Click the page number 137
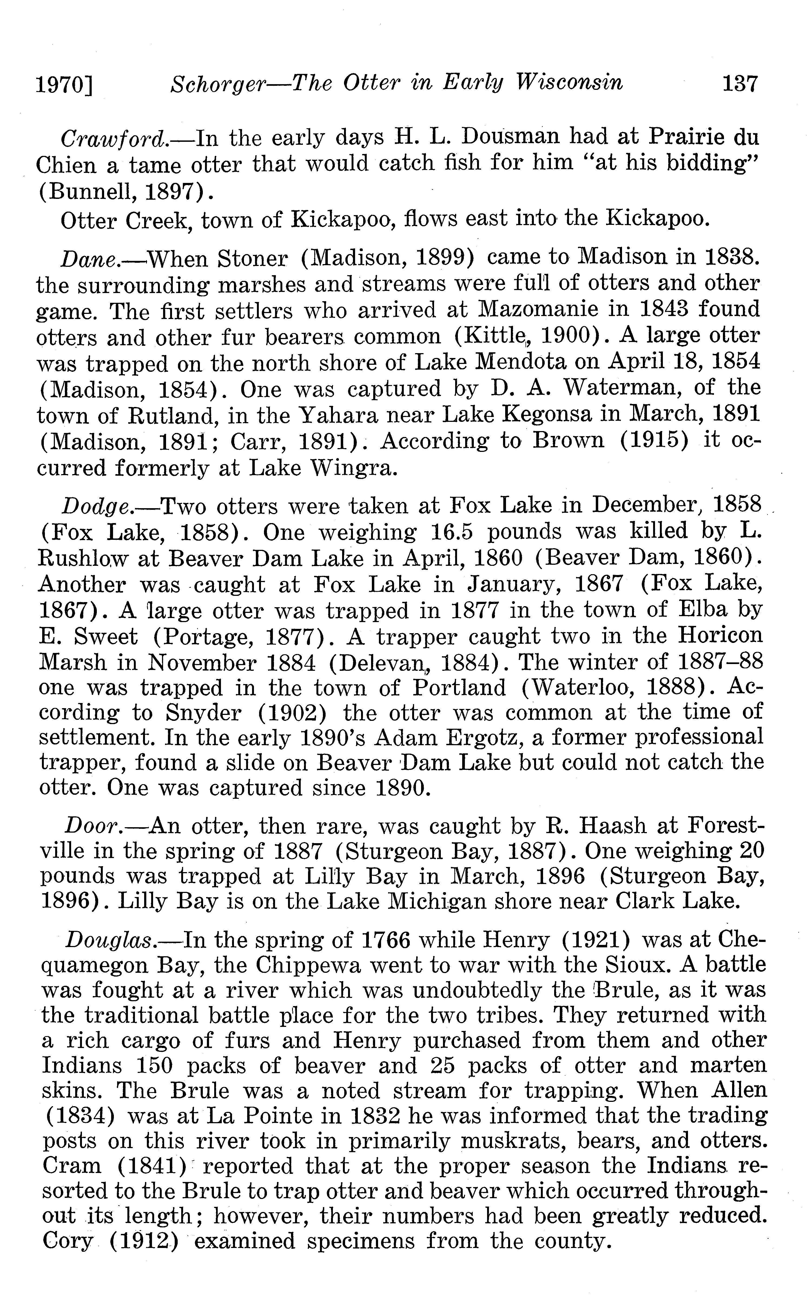click(739, 84)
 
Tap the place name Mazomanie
click(539, 310)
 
